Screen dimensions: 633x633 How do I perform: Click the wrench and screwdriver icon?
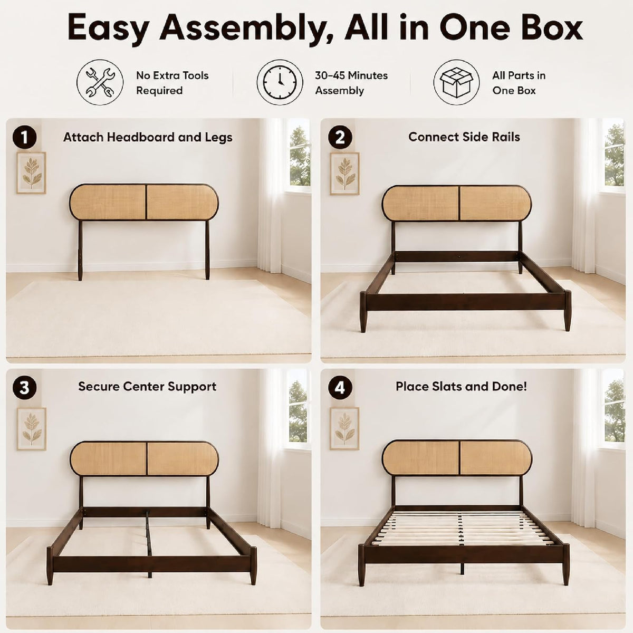[x=100, y=82]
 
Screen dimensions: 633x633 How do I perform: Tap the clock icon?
[x=280, y=82]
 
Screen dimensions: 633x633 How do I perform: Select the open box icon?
[x=457, y=82]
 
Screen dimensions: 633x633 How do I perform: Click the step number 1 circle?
[x=25, y=138]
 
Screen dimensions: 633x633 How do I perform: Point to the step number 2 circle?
[x=340, y=137]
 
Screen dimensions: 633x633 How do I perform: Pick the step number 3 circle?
[x=25, y=388]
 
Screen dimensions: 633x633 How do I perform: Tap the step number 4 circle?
[x=340, y=388]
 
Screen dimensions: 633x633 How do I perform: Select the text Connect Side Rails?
[x=464, y=137]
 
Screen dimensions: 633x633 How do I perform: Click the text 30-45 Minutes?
[x=351, y=75]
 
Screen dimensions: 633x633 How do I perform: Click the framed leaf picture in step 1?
[x=32, y=173]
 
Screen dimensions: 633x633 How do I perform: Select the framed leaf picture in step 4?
[x=344, y=429]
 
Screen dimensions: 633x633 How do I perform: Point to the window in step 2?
[x=615, y=156]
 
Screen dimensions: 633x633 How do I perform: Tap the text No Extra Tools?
[x=172, y=75]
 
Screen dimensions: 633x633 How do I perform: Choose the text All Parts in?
[x=519, y=75]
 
